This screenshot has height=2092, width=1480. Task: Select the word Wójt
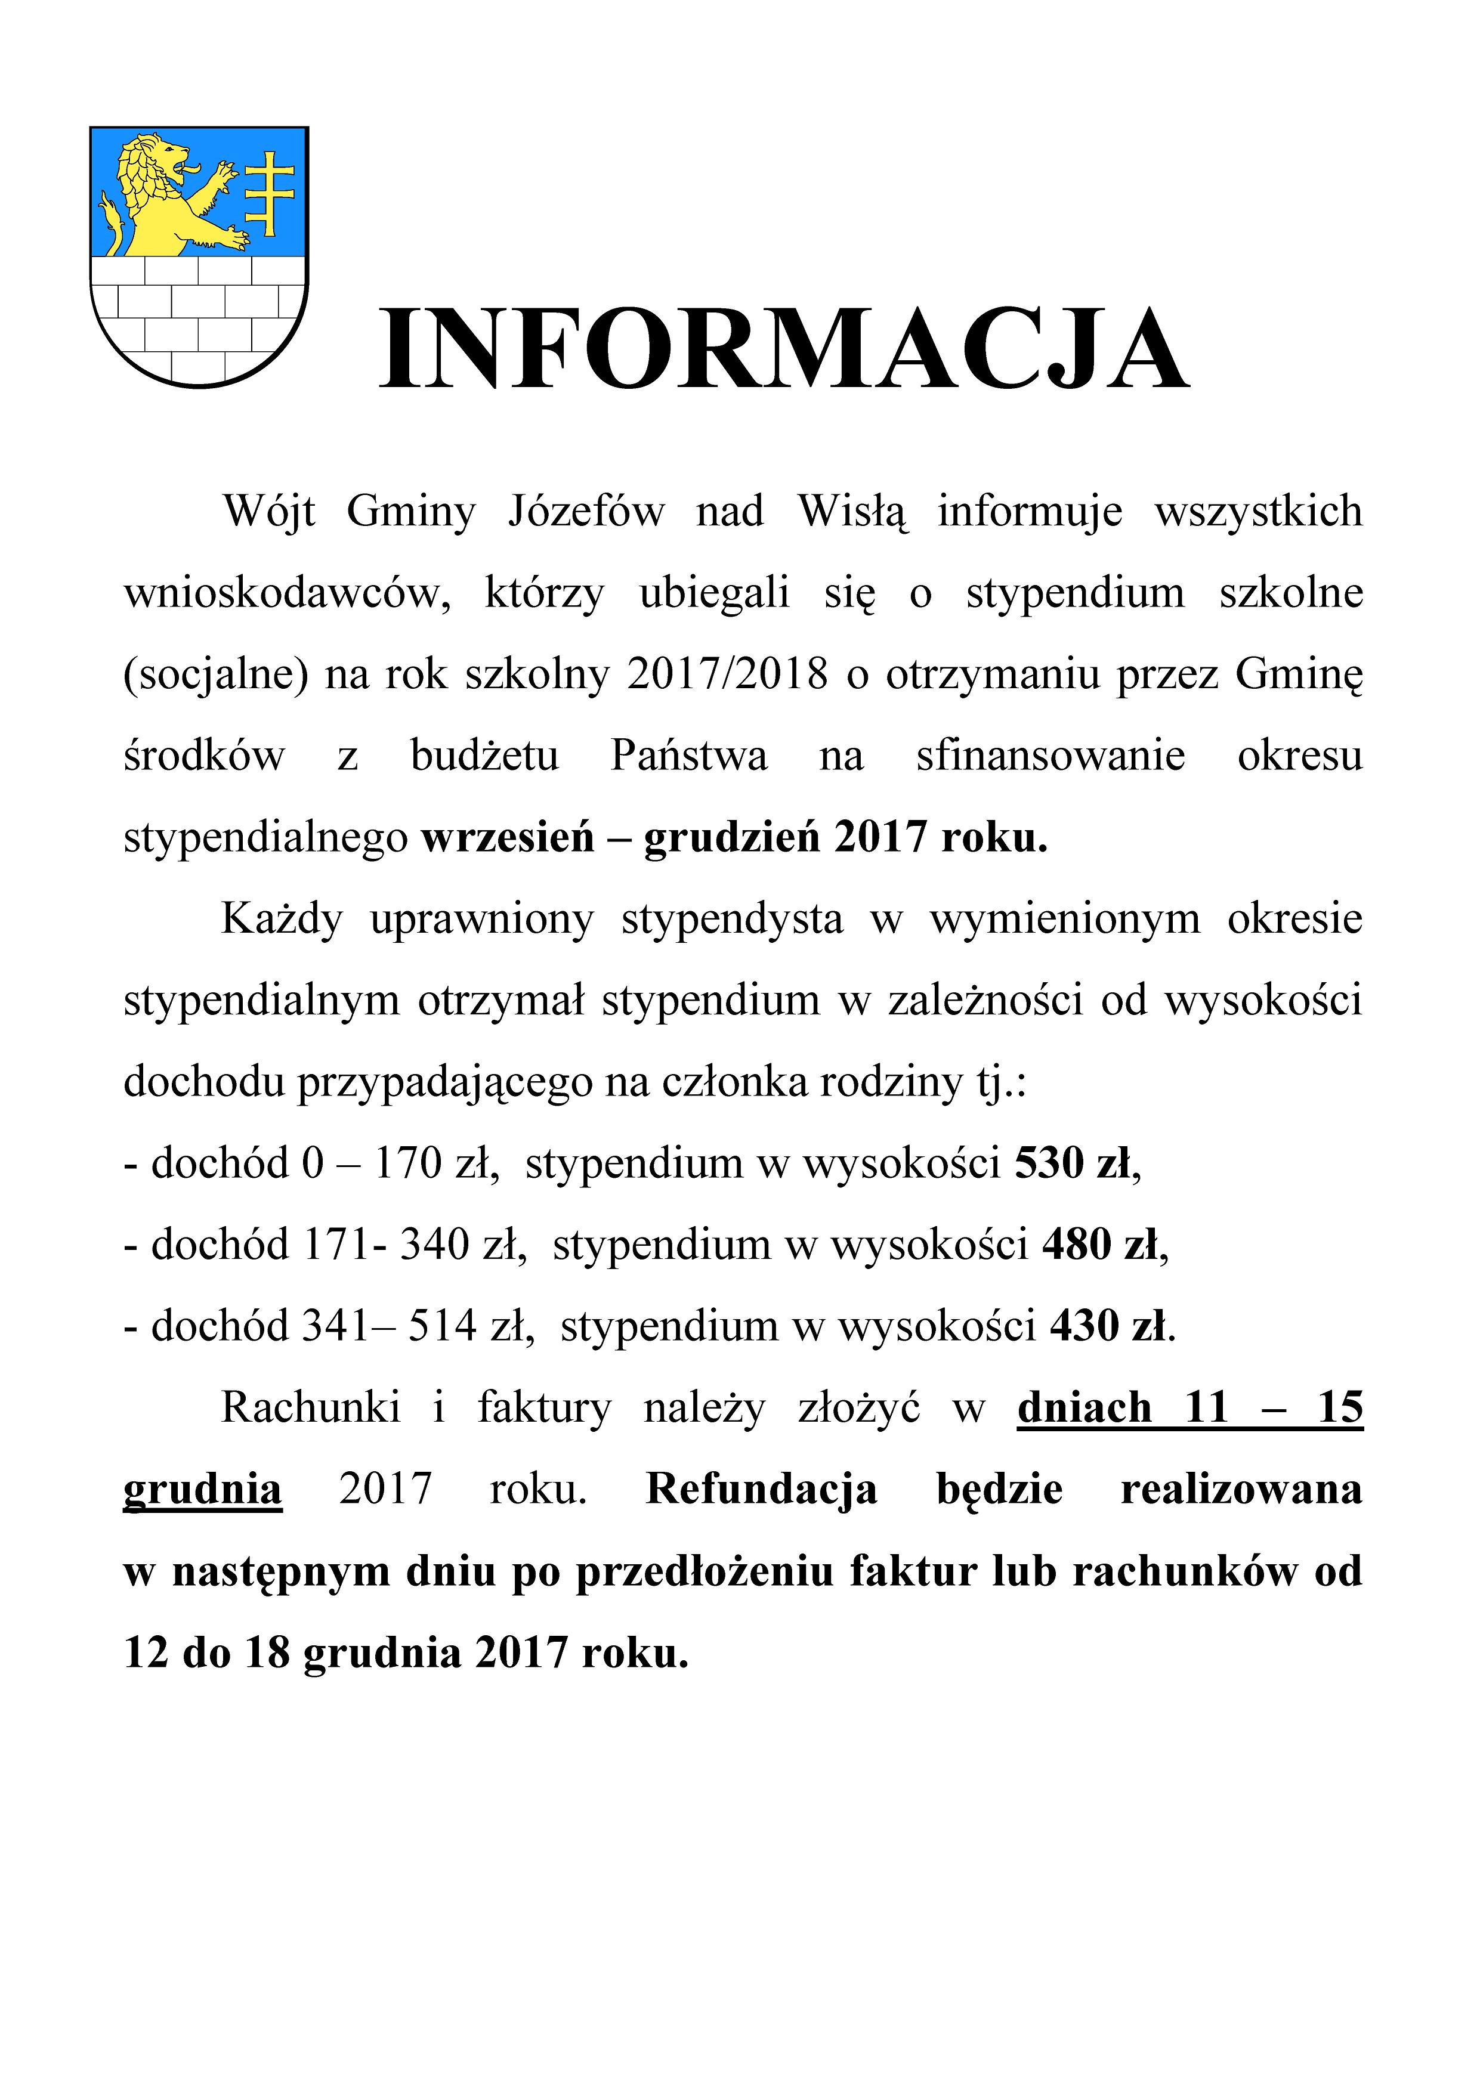click(270, 512)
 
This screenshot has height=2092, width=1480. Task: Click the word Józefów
click(586, 512)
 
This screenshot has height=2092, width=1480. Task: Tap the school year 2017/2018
click(727, 675)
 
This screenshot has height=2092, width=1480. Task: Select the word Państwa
click(689, 756)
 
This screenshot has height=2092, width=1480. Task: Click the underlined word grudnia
click(202, 1490)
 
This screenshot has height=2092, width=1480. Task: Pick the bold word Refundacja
click(761, 1490)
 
